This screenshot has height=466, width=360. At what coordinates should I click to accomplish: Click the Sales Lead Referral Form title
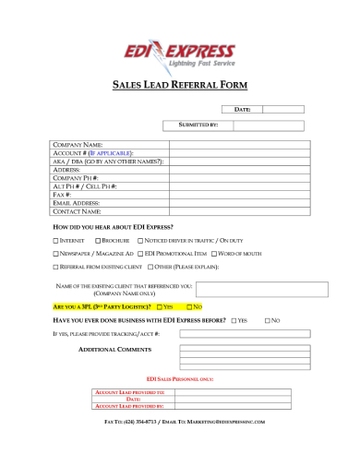click(180, 85)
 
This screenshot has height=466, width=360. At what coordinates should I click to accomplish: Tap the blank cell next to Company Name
click(236, 145)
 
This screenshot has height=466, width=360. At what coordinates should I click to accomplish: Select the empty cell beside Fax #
click(236, 195)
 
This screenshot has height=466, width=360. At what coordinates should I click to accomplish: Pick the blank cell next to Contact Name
click(236, 211)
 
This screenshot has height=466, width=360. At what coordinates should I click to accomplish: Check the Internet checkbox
click(55, 240)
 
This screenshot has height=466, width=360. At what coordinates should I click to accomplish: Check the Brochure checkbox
click(94, 240)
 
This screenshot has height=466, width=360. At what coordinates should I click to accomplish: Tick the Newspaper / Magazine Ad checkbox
click(55, 253)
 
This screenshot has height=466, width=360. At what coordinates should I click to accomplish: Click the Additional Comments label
click(114, 350)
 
